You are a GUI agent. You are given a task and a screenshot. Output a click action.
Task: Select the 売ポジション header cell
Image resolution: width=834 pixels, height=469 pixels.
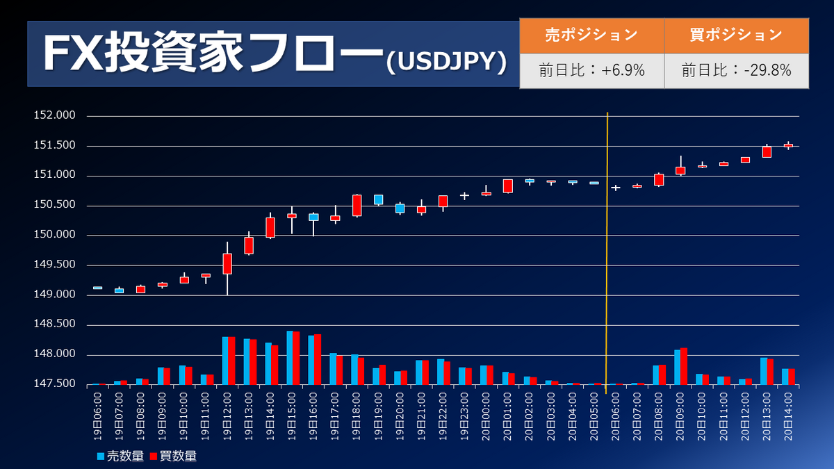click(x=591, y=35)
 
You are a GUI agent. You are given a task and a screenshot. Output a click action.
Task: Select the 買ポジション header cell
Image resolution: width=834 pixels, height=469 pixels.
click(x=736, y=35)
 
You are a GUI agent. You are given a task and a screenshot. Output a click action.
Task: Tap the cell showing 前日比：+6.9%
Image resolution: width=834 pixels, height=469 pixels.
click(x=591, y=70)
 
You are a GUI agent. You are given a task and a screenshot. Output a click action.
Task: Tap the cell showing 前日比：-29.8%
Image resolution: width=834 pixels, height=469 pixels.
click(x=736, y=70)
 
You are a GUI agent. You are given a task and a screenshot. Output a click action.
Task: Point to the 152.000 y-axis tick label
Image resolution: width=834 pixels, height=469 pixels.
click(x=55, y=116)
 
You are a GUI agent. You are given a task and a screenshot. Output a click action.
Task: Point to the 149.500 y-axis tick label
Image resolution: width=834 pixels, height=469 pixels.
click(x=55, y=265)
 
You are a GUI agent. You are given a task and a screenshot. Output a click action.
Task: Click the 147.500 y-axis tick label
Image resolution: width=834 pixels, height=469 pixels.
click(x=55, y=384)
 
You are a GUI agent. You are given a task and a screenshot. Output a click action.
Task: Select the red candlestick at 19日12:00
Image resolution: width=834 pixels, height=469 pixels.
click(x=227, y=263)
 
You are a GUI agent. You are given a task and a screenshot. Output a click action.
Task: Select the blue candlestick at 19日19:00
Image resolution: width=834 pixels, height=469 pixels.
click(x=378, y=199)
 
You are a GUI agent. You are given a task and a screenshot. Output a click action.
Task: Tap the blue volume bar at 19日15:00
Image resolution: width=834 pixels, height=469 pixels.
click(x=290, y=357)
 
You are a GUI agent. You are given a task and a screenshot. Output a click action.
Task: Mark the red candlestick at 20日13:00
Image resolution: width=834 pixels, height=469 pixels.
click(x=767, y=151)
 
